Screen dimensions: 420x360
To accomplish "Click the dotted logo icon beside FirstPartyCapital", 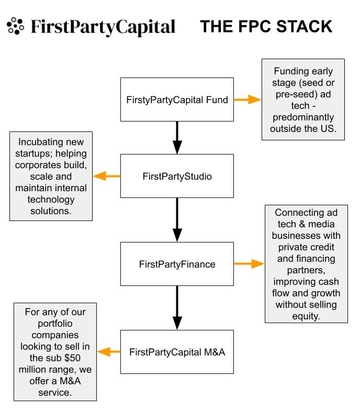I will click(16, 26).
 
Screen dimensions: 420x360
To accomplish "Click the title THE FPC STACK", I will click(266, 27).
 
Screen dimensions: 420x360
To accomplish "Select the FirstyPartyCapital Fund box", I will click(177, 100).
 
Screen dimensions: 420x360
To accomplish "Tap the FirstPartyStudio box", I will click(177, 176).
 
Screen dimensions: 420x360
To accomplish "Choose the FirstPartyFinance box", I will click(177, 264).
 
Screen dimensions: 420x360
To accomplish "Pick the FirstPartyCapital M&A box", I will click(177, 352).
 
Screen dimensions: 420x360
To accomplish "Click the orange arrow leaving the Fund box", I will click(247, 100).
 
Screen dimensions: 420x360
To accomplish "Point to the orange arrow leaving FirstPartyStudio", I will click(107, 176).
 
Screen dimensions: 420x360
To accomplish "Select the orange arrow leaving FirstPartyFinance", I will click(249, 264).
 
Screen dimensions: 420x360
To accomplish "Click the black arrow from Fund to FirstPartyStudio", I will click(177, 137).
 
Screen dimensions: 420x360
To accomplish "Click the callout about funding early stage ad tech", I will click(303, 100).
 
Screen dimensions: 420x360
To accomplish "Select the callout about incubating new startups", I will click(51, 176).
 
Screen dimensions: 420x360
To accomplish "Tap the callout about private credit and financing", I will click(306, 264).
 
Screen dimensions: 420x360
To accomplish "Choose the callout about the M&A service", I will click(55, 352).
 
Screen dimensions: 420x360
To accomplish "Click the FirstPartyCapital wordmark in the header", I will click(103, 27).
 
